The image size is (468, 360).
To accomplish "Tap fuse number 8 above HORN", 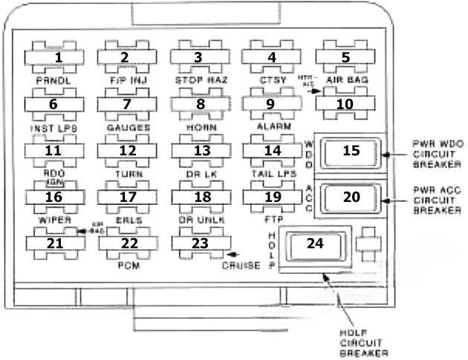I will tap(199, 104).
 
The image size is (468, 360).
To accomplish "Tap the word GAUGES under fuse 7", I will tap(128, 128).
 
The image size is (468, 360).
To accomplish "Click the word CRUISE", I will tap(241, 266).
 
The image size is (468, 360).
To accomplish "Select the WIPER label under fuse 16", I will tap(54, 220).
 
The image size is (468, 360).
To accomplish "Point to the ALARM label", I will tap(272, 127).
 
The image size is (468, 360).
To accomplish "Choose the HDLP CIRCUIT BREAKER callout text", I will tap(365, 343).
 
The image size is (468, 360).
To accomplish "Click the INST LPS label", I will tap(54, 128).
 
